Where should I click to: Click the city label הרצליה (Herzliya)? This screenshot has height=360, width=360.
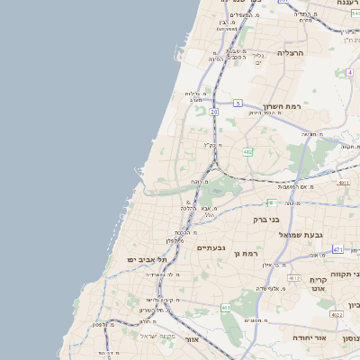[x=290, y=54]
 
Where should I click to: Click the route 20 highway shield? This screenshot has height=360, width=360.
[x=213, y=112]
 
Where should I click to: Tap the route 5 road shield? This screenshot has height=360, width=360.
[x=238, y=103]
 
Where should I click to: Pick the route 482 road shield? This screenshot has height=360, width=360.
[x=247, y=152]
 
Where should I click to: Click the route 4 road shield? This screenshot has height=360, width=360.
[x=348, y=71]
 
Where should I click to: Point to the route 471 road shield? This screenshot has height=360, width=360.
[x=337, y=249]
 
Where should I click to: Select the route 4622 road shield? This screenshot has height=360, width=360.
[x=337, y=315]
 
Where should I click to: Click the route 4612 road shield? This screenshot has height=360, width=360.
[x=343, y=184]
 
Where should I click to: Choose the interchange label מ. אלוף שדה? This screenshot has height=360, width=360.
[x=269, y=288]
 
